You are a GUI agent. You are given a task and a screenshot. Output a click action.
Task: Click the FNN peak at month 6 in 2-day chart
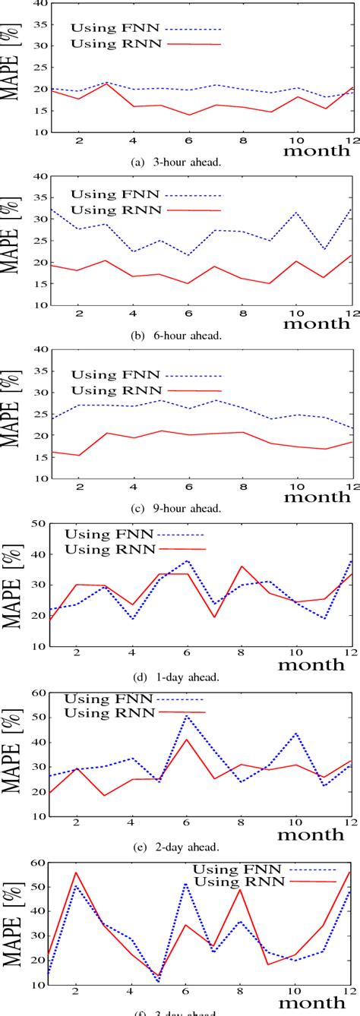pyautogui.click(x=188, y=715)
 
